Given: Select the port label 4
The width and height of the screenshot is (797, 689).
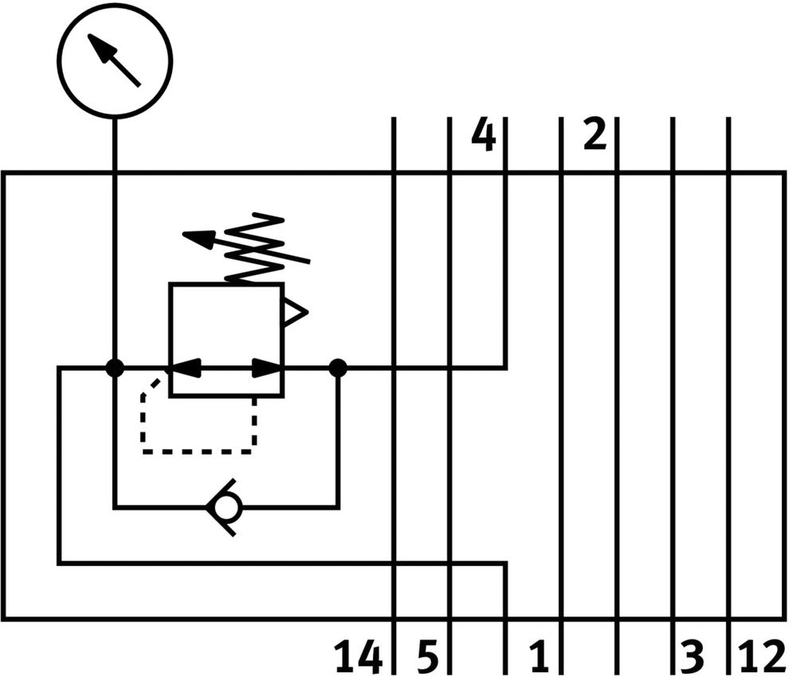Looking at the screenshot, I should click(x=483, y=135).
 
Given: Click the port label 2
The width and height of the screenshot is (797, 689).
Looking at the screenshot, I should click(x=595, y=135).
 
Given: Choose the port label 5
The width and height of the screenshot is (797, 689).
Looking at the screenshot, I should click(x=428, y=658).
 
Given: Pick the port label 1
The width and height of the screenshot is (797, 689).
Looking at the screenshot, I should click(x=540, y=658).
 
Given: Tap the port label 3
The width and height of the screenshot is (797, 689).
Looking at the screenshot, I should click(x=693, y=658).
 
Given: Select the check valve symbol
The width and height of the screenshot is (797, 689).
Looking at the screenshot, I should click(x=224, y=507).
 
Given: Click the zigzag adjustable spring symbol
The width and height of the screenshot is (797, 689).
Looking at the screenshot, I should click(x=255, y=248).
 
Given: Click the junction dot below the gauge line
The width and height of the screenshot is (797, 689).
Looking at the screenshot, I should click(x=115, y=368).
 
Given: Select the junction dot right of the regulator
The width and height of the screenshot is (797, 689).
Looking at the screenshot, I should click(x=338, y=368).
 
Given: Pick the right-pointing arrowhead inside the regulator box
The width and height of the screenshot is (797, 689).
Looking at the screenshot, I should click(x=267, y=368).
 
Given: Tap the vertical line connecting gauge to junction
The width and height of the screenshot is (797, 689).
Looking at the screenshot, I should click(x=115, y=239).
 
